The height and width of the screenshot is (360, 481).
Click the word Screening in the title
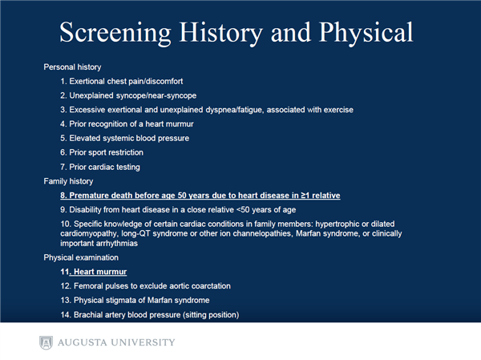(x=115, y=33)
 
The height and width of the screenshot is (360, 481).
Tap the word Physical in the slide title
(x=366, y=33)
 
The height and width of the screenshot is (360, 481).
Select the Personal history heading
(x=72, y=67)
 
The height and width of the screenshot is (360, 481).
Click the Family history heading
(x=68, y=181)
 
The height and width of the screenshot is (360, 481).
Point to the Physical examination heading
(x=81, y=257)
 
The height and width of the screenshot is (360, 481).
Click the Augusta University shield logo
(x=46, y=342)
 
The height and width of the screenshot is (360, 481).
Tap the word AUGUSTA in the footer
(x=83, y=342)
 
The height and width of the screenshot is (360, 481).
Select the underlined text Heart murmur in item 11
(x=100, y=272)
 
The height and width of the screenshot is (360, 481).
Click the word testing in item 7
(x=128, y=167)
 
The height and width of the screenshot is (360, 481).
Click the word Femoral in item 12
(x=86, y=286)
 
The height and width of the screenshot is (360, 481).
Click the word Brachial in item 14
(x=86, y=315)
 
